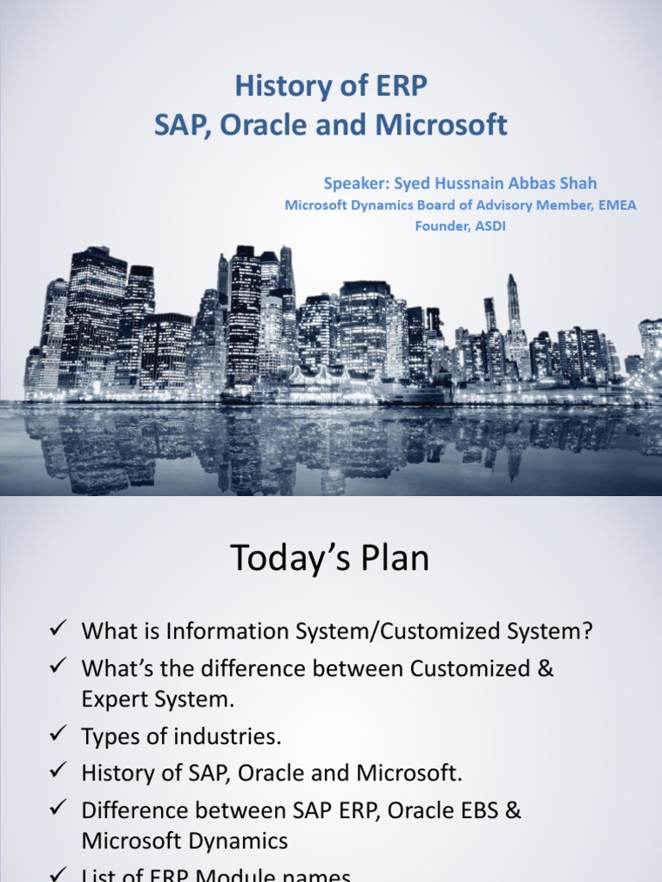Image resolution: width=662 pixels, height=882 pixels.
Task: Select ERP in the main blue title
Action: pyautogui.click(x=397, y=87)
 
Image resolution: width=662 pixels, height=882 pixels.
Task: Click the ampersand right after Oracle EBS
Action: pyautogui.click(x=512, y=811)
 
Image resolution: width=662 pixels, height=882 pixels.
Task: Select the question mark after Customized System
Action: pyautogui.click(x=587, y=631)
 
